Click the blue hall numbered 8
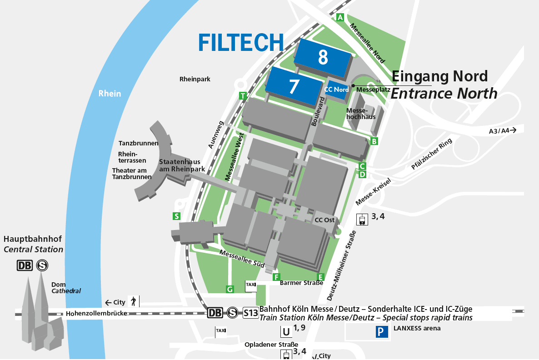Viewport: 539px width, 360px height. (x=323, y=58)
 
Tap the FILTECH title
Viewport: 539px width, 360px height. (x=241, y=42)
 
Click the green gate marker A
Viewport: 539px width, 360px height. (x=340, y=18)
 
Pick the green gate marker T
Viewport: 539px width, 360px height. (x=244, y=95)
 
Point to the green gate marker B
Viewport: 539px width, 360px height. (x=374, y=141)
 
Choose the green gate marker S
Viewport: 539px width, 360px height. (x=176, y=216)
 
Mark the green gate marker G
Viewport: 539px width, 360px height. (x=230, y=289)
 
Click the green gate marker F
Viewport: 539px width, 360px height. (x=276, y=277)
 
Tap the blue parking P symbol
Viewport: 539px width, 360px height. (x=382, y=332)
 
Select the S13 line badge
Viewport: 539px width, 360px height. (x=250, y=313)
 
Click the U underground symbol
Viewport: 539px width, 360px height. (x=286, y=332)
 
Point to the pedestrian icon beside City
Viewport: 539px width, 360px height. (x=134, y=301)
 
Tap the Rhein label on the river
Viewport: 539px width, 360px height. (x=110, y=94)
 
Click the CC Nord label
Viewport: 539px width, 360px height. (x=336, y=90)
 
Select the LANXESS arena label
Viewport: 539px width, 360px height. (x=417, y=328)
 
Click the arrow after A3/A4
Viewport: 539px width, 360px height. (x=514, y=130)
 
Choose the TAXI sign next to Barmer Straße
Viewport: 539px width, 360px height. (x=250, y=285)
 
